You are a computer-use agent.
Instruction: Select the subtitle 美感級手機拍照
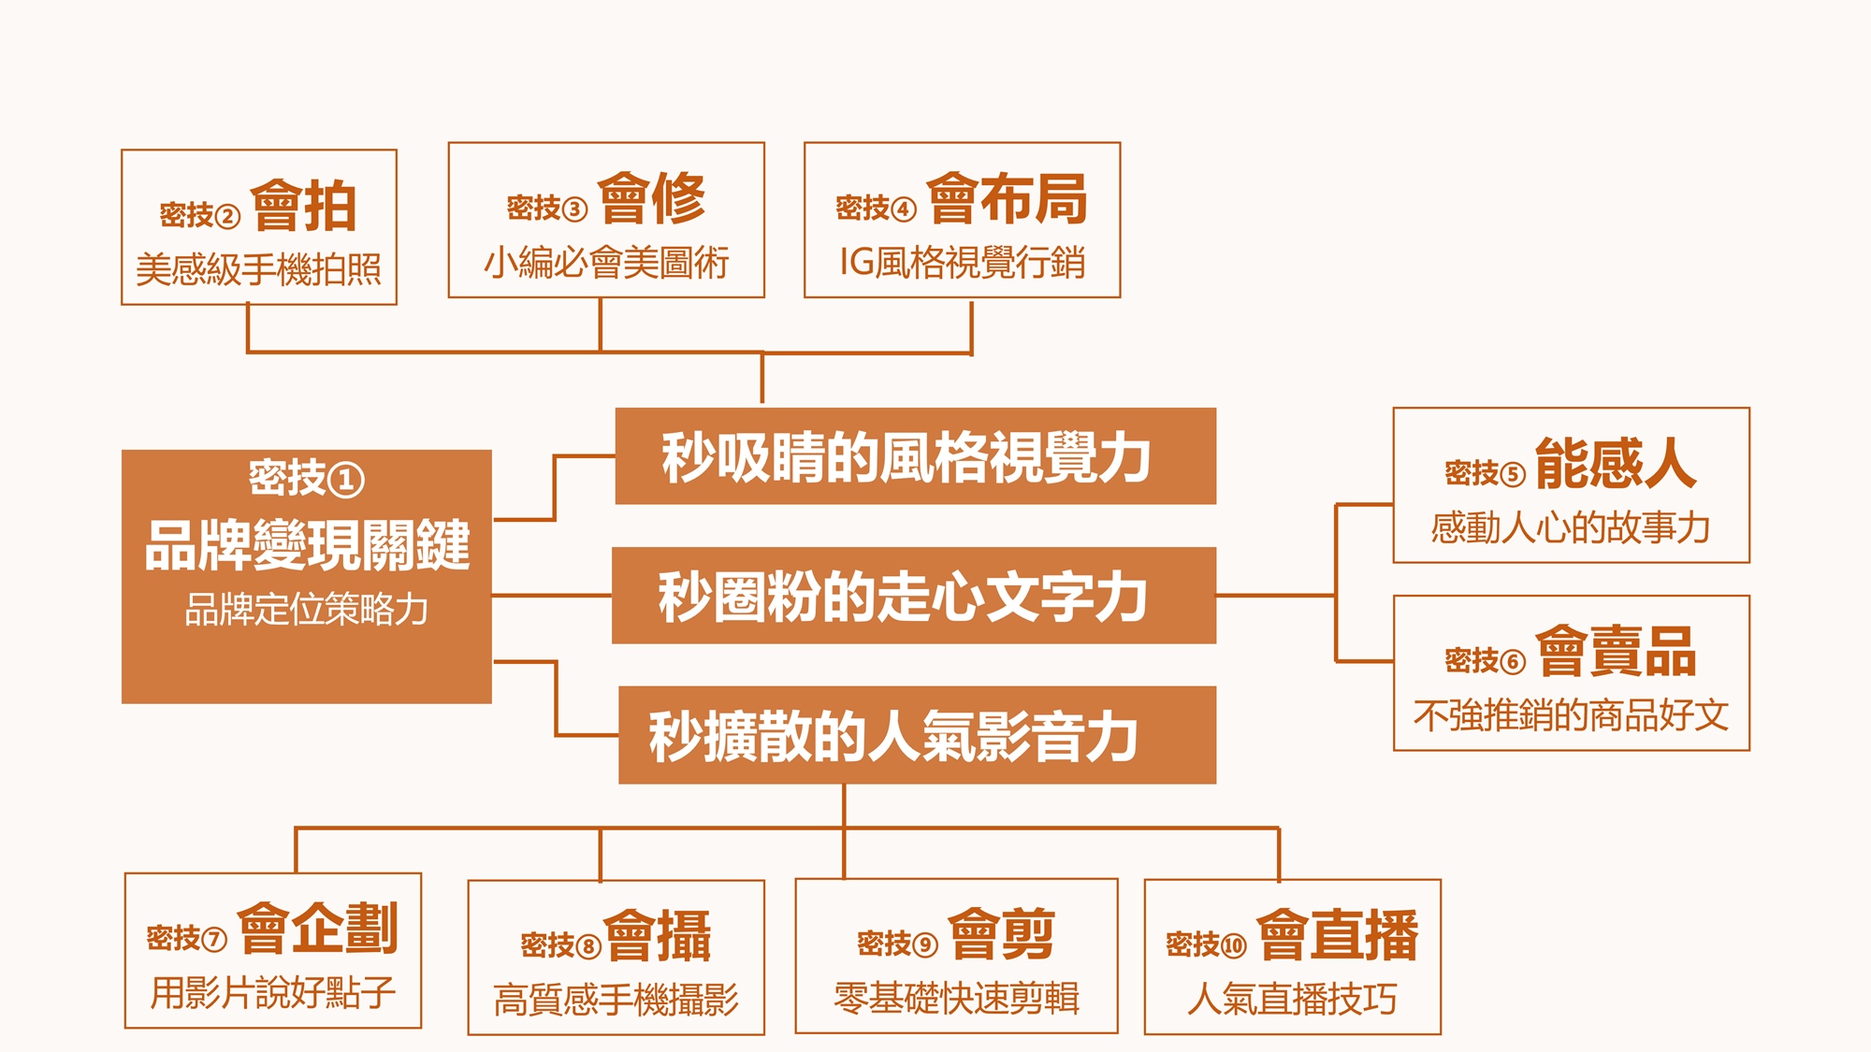tap(259, 270)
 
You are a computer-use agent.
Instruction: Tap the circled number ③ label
tap(574, 209)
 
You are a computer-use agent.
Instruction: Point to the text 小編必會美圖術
tap(606, 263)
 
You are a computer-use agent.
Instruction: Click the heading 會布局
tap(1008, 199)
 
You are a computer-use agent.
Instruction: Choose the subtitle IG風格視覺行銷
tap(963, 263)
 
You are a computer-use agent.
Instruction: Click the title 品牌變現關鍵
tap(307, 545)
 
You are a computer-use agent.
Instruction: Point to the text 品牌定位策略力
tap(307, 610)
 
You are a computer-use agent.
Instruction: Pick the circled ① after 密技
tap(346, 480)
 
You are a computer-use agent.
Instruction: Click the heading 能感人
tap(1616, 464)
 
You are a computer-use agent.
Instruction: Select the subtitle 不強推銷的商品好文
tap(1571, 715)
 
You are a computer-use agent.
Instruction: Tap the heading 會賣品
tap(1616, 651)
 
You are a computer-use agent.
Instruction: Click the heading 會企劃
tap(318, 929)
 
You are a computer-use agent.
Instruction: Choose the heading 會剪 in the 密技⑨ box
tap(1002, 934)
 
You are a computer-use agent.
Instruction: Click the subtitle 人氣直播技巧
tap(1292, 1000)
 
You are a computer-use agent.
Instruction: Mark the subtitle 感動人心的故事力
tap(1571, 528)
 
